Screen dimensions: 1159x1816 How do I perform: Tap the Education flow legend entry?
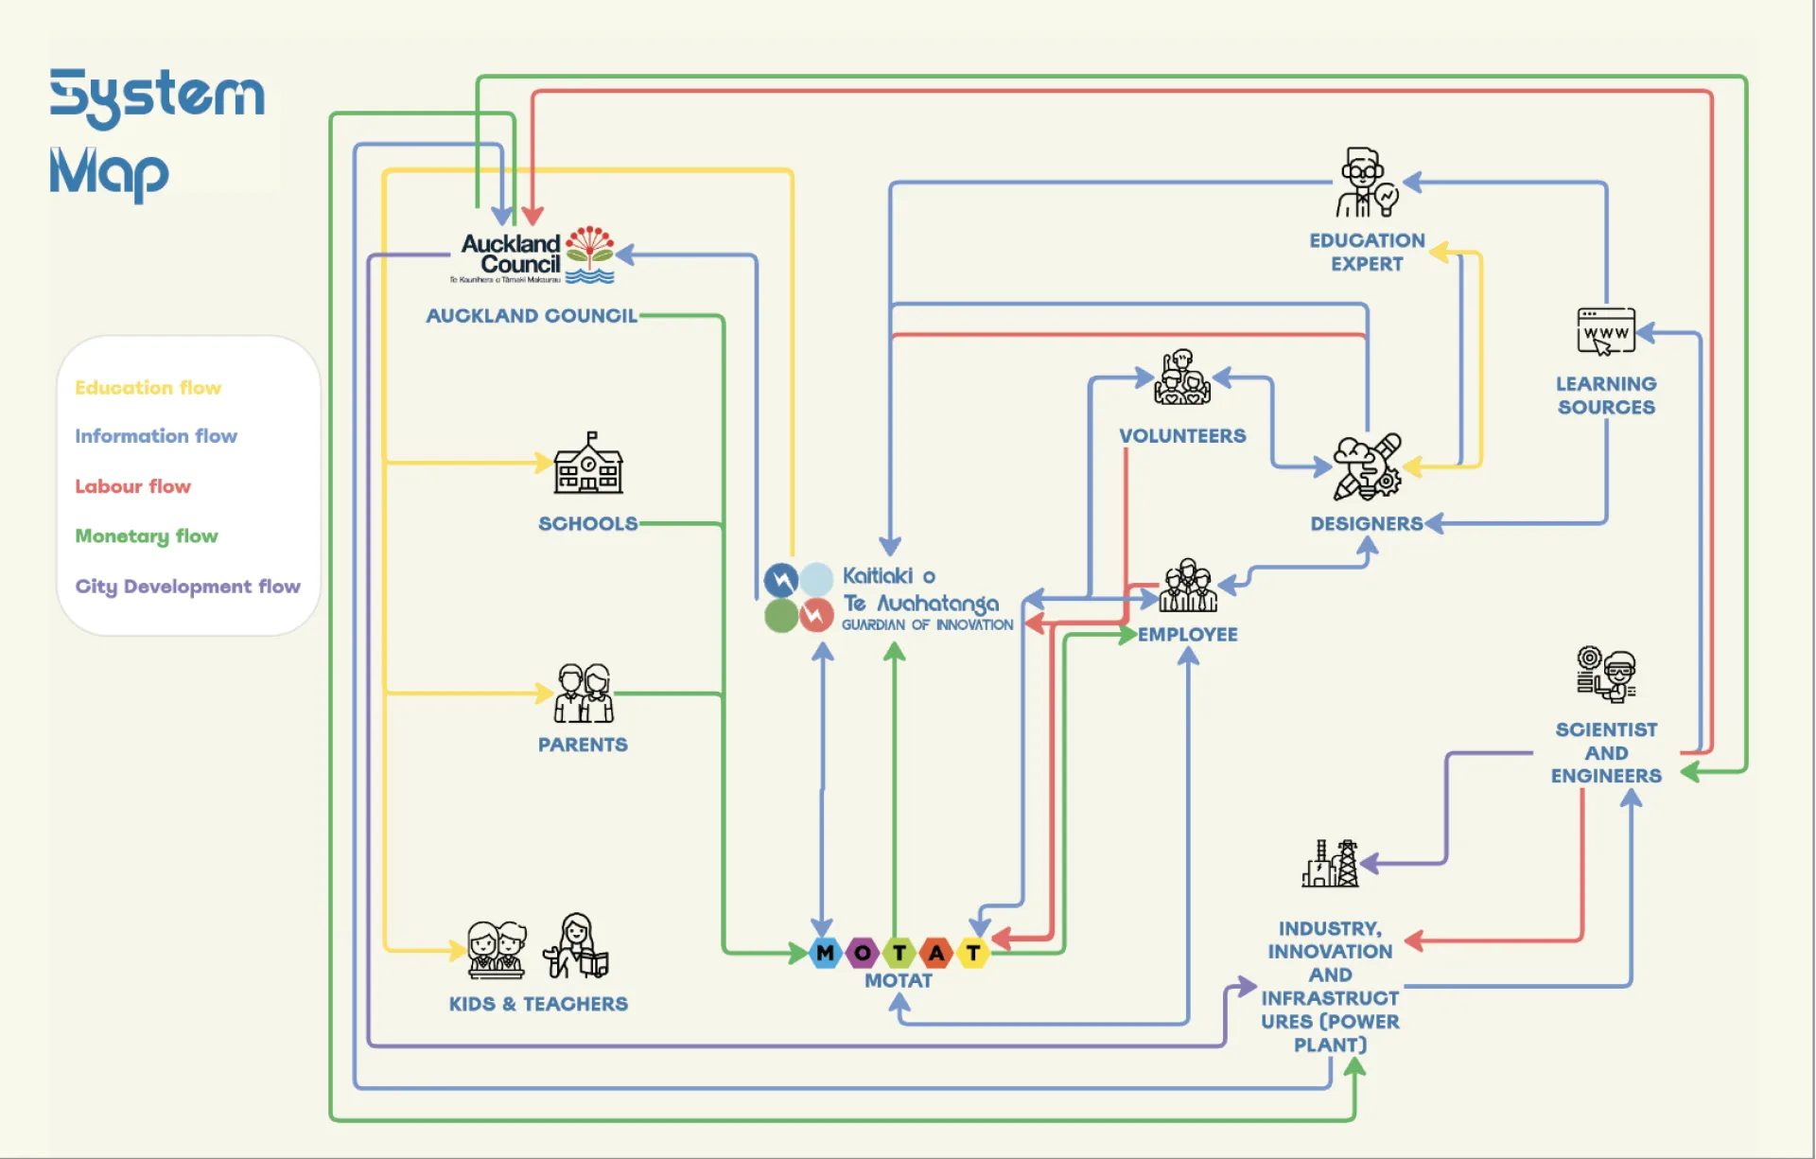coord(148,388)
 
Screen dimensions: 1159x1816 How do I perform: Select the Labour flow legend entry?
coord(132,486)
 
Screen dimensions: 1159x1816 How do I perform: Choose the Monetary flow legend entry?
coord(147,536)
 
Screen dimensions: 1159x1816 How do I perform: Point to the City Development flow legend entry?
coord(187,587)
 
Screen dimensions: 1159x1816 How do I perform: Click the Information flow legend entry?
coord(156,436)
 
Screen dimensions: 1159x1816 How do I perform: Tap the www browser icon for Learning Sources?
coord(1606,331)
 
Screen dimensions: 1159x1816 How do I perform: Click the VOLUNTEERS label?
coord(1182,436)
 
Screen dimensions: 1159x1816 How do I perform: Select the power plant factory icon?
coord(1330,864)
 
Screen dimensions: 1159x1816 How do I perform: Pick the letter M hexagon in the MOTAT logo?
coord(826,953)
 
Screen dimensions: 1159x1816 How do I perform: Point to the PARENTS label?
coord(583,745)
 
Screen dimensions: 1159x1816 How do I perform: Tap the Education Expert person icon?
coord(1366,184)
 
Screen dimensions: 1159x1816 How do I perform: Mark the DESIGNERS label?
coord(1366,524)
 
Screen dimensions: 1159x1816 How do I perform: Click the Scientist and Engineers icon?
coord(1606,675)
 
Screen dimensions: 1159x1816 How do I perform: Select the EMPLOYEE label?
coord(1187,635)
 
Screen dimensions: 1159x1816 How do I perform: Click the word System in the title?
coord(157,96)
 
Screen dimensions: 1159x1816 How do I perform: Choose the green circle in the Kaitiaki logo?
coord(780,616)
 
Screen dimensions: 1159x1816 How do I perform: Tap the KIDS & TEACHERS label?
coord(538,1004)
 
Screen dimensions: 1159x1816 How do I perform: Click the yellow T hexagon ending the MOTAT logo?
coord(973,953)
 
